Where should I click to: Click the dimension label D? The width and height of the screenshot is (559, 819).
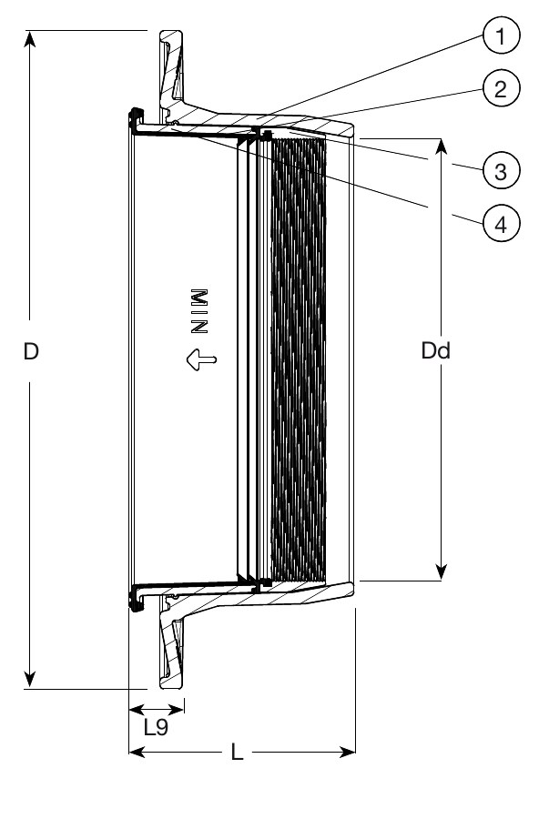31,353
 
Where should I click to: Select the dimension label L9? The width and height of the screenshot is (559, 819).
157,727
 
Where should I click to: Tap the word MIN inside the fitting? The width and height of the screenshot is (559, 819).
200,308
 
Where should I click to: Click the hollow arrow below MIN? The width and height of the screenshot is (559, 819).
200,360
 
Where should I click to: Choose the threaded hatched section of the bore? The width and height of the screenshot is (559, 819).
296,355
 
